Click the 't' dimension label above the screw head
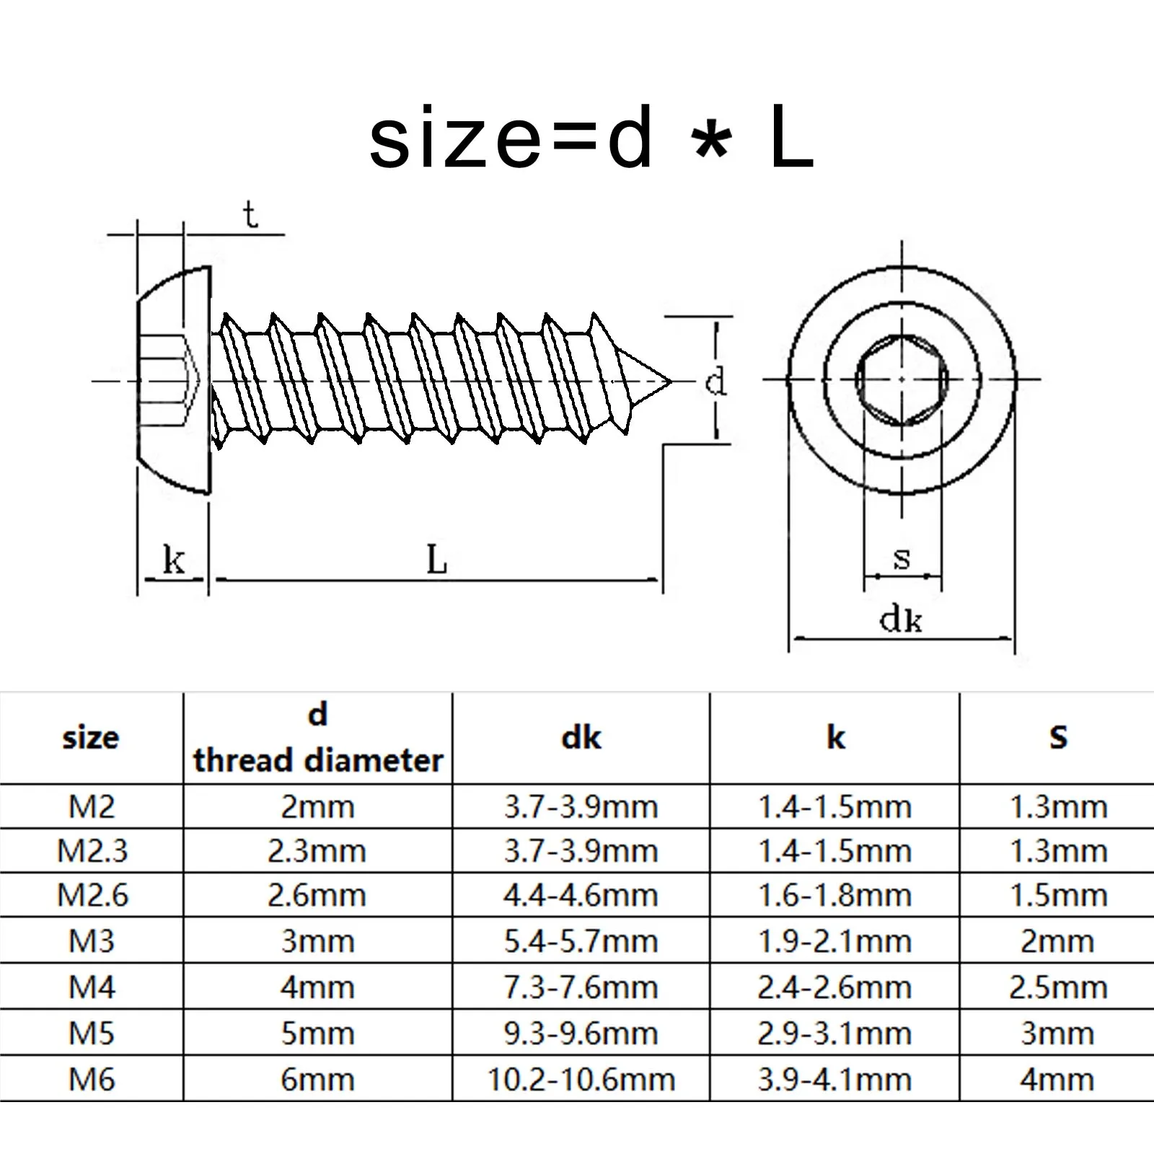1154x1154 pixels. click(x=250, y=216)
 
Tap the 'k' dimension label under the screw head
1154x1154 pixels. click(x=174, y=560)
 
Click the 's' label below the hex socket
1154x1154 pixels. click(x=902, y=558)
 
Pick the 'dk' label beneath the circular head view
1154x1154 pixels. click(x=901, y=619)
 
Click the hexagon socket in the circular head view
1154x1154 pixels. click(x=902, y=379)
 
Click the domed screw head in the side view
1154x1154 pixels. click(x=173, y=380)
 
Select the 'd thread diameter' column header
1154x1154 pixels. click(x=318, y=738)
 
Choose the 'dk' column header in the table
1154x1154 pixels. click(x=581, y=737)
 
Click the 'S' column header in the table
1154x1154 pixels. click(x=1057, y=737)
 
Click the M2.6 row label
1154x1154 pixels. click(x=92, y=896)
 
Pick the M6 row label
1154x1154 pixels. click(x=92, y=1080)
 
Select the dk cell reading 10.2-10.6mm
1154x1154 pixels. click(x=581, y=1080)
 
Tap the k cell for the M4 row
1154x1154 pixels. click(x=834, y=987)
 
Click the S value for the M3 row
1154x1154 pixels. click(x=1057, y=942)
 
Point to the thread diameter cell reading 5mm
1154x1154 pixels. click(x=318, y=1034)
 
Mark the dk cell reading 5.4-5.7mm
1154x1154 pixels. click(x=581, y=942)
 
